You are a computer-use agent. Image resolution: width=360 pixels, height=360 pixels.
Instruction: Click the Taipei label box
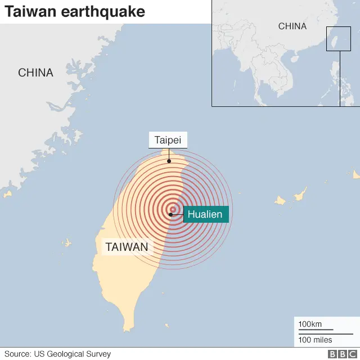[168, 140]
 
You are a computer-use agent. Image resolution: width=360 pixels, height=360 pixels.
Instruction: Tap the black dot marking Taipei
[168, 161]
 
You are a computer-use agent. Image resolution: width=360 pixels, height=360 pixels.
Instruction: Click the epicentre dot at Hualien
[170, 214]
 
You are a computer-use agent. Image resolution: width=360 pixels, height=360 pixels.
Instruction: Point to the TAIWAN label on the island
[127, 246]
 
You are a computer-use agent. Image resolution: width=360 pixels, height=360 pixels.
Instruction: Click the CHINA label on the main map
[35, 73]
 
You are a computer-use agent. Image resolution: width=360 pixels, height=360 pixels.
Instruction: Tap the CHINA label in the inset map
[292, 26]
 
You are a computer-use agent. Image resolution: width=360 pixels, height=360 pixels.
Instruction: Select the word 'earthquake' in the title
[109, 11]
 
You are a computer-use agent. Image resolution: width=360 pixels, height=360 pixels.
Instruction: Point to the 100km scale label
[310, 324]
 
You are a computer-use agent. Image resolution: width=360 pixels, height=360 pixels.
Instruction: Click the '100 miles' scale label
[315, 340]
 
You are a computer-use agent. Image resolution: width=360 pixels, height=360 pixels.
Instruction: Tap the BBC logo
[339, 354]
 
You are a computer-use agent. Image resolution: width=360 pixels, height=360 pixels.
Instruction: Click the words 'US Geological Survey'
[74, 354]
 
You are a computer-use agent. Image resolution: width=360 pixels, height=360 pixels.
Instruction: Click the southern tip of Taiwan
[129, 328]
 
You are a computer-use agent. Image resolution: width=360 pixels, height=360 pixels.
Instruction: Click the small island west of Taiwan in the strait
[67, 243]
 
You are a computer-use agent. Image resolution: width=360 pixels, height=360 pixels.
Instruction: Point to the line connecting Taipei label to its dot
[168, 154]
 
